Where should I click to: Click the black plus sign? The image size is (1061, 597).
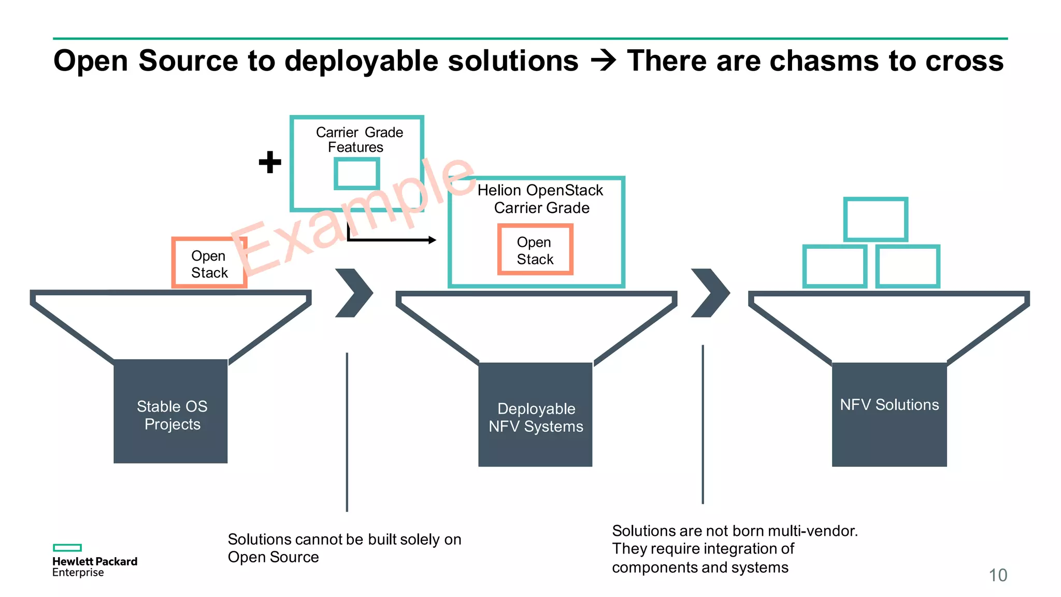270,162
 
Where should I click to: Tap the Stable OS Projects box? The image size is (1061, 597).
170,411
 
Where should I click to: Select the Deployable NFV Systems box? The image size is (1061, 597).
535,415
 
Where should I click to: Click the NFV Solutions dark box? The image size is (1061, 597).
889,415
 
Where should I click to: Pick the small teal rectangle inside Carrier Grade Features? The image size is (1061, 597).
356,174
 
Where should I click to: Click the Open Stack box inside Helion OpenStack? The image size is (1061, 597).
535,249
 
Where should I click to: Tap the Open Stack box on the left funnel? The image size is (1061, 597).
209,263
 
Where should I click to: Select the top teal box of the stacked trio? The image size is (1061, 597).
876,219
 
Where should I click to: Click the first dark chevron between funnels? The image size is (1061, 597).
354,293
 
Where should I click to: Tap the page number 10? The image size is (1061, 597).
998,575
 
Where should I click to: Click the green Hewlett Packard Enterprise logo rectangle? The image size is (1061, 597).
67,548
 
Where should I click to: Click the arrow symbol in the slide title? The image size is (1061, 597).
603,61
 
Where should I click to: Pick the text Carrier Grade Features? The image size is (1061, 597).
359,140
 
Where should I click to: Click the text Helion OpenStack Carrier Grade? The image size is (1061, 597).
540,199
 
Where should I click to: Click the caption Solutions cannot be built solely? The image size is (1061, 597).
344,539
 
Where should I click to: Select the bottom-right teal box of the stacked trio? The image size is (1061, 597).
908,266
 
